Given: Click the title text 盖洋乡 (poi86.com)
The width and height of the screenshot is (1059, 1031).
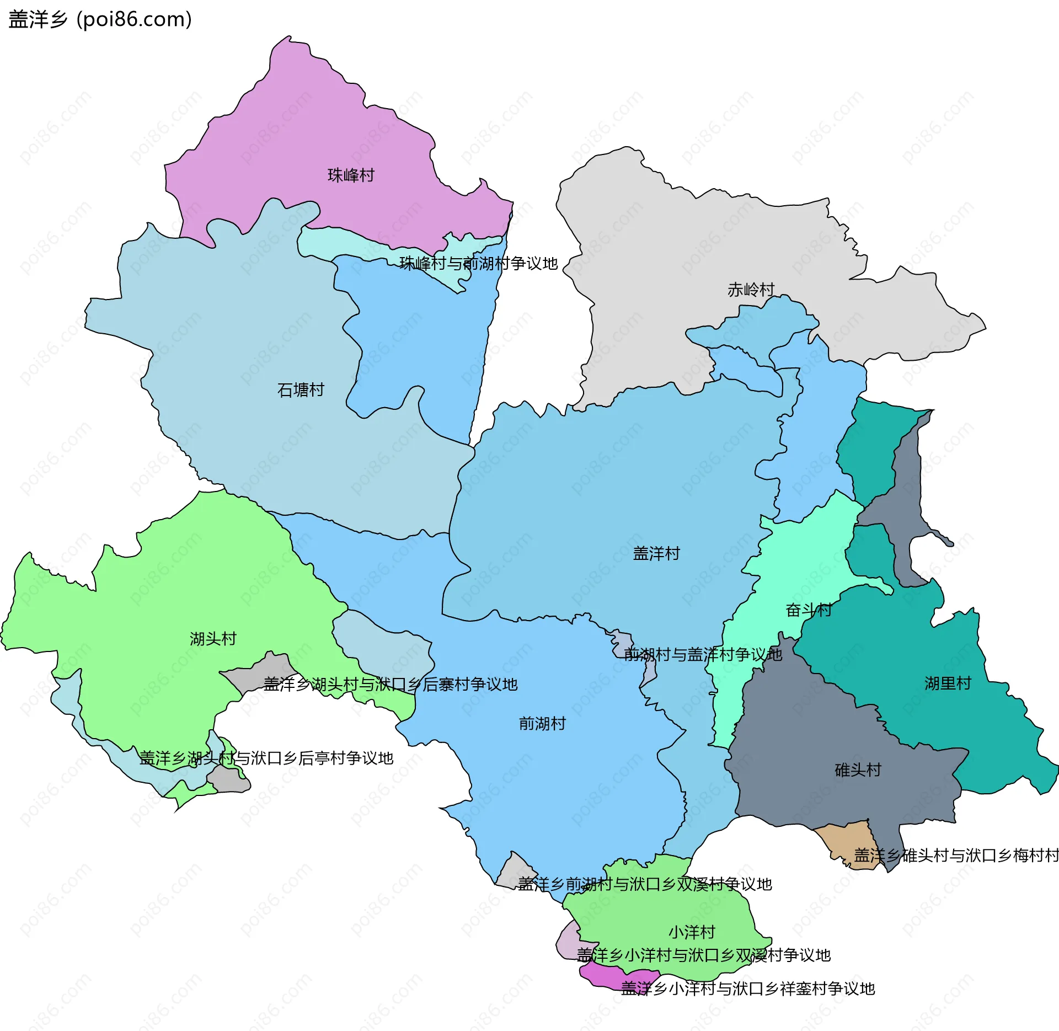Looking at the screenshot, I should (x=100, y=19).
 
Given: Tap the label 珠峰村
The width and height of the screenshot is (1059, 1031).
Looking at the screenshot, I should (x=351, y=175).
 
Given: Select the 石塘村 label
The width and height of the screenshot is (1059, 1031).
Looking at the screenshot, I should (x=301, y=390).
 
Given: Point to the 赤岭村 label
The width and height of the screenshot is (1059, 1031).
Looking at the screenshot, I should (x=751, y=290).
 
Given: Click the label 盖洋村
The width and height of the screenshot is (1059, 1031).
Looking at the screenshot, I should (x=656, y=553).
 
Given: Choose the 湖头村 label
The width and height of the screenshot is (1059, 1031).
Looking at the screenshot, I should (x=213, y=639).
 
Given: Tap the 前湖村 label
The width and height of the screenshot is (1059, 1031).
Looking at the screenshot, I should (x=542, y=723).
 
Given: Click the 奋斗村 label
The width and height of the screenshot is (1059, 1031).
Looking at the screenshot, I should (x=809, y=610).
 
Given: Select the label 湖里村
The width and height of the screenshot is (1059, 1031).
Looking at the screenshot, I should (x=948, y=683).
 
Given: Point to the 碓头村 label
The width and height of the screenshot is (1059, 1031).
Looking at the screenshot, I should (x=858, y=770).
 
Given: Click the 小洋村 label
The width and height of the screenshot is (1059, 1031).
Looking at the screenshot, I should (x=692, y=932).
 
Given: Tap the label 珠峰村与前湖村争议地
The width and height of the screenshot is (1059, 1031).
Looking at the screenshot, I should (x=478, y=264).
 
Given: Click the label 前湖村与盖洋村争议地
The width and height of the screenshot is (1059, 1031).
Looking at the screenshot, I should (x=703, y=654).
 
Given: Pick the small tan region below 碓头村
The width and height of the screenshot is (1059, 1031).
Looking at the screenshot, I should (x=844, y=841).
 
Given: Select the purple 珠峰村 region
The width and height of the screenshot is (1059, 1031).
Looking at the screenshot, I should (x=331, y=138).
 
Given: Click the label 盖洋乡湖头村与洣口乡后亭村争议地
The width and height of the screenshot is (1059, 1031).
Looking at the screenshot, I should (x=266, y=758).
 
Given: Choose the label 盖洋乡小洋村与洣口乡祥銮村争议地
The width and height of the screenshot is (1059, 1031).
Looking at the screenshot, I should (x=748, y=989).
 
